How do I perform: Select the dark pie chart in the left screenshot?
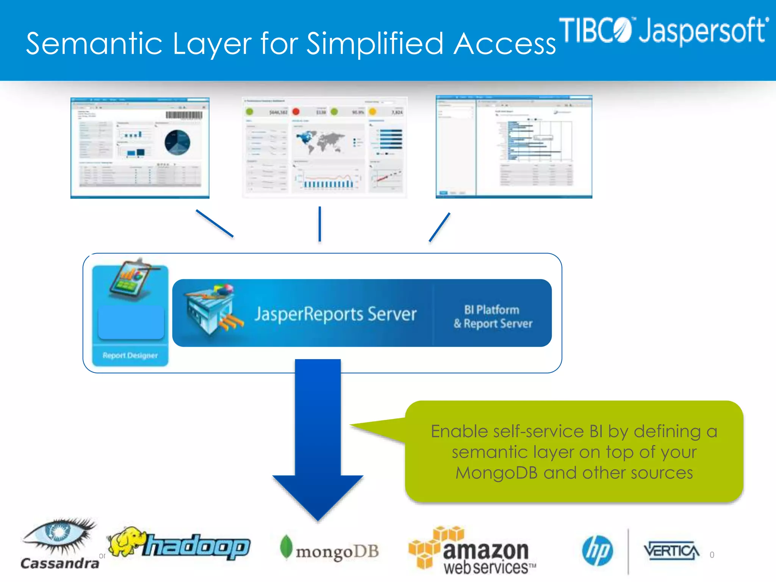[x=177, y=142]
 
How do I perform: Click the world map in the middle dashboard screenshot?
[x=320, y=141]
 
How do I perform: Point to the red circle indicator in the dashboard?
[x=296, y=111]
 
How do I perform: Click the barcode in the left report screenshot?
[x=184, y=115]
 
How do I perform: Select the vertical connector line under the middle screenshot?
[x=320, y=224]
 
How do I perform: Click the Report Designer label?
[x=130, y=355]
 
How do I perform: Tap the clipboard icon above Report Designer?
[x=133, y=280]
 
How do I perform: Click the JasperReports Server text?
[x=335, y=314]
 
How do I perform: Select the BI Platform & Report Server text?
[x=493, y=316]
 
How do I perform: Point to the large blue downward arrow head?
[x=318, y=496]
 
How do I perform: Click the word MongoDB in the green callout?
[x=496, y=473]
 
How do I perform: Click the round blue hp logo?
[x=597, y=551]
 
